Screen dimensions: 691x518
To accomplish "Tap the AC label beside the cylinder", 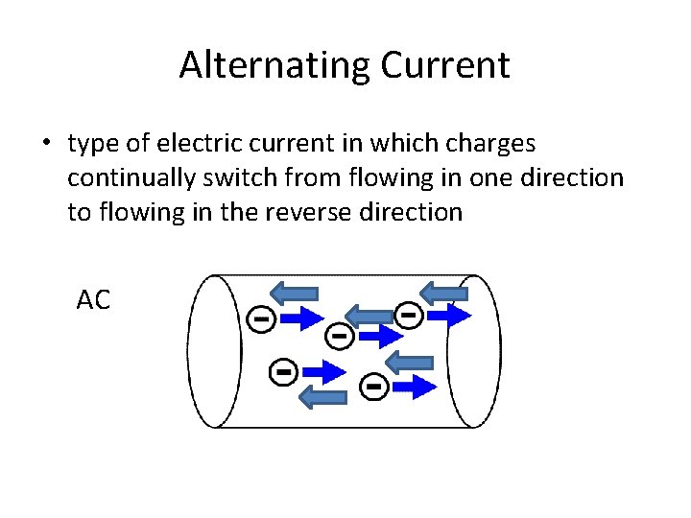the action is pos(93,300).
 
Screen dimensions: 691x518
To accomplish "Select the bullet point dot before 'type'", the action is pos(45,145).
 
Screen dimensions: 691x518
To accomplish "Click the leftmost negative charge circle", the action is pos(260,318).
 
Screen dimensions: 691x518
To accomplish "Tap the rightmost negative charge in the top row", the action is pos(408,314).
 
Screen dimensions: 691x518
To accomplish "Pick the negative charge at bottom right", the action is pos(373,387).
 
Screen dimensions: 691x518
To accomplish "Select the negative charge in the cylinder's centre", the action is pos(338,336).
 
